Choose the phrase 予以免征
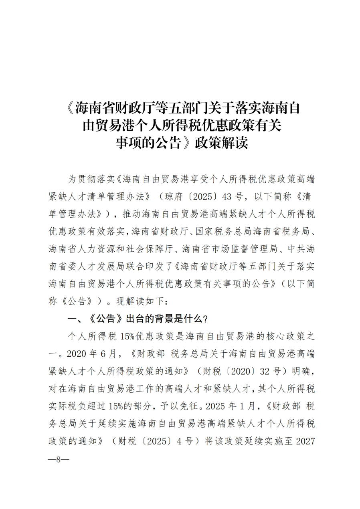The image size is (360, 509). coord(182,406)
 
